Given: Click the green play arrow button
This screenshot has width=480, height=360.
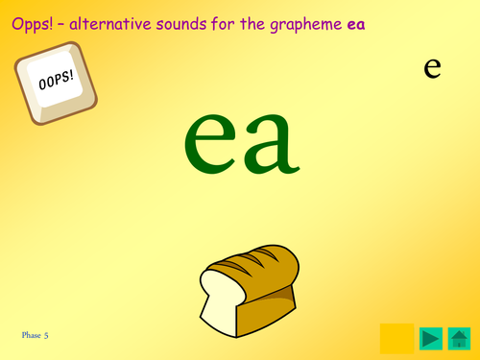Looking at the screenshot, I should click(x=431, y=338).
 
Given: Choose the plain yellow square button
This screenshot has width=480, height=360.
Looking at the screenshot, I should click(x=397, y=337).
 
